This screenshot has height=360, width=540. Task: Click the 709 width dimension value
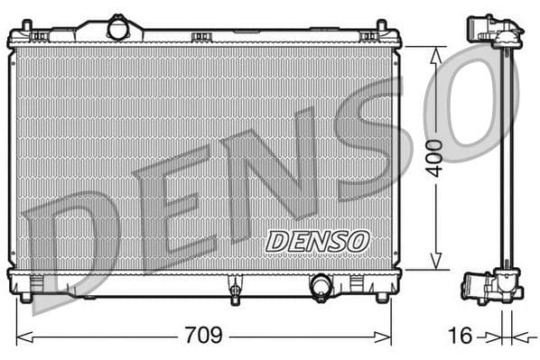[204, 337]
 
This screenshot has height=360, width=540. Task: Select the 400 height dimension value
[437, 157]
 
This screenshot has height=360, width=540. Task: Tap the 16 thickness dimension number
[461, 337]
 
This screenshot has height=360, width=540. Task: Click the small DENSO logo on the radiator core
[317, 241]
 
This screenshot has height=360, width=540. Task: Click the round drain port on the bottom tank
[321, 287]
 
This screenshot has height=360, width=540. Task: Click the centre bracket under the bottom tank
[235, 291]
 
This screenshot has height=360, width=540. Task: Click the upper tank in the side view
[495, 32]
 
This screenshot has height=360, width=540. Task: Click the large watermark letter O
[470, 99]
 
